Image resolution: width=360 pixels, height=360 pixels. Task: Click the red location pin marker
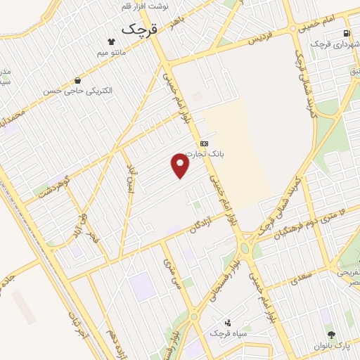(181, 166)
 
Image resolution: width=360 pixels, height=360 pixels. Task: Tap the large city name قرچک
(141, 30)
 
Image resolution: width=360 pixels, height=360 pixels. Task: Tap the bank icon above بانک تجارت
(204, 143)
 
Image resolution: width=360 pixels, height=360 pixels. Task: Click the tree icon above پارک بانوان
(331, 334)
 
